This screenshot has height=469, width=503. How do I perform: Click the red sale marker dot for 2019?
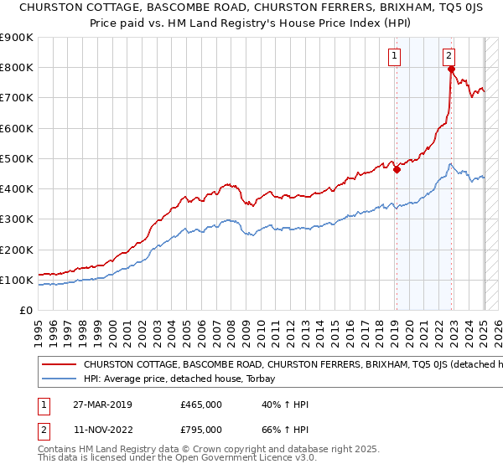coord(397,169)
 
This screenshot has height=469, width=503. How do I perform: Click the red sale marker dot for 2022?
coord(450,70)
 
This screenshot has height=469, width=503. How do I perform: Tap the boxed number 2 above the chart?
coord(449,56)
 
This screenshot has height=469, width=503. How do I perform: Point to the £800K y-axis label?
coord(17,68)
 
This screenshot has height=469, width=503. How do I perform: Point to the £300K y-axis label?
coord(17,219)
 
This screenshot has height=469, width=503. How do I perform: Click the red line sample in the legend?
coord(60,365)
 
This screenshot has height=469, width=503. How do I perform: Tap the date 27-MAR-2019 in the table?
coord(95,405)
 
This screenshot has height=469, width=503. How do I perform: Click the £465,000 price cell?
coord(201,405)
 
